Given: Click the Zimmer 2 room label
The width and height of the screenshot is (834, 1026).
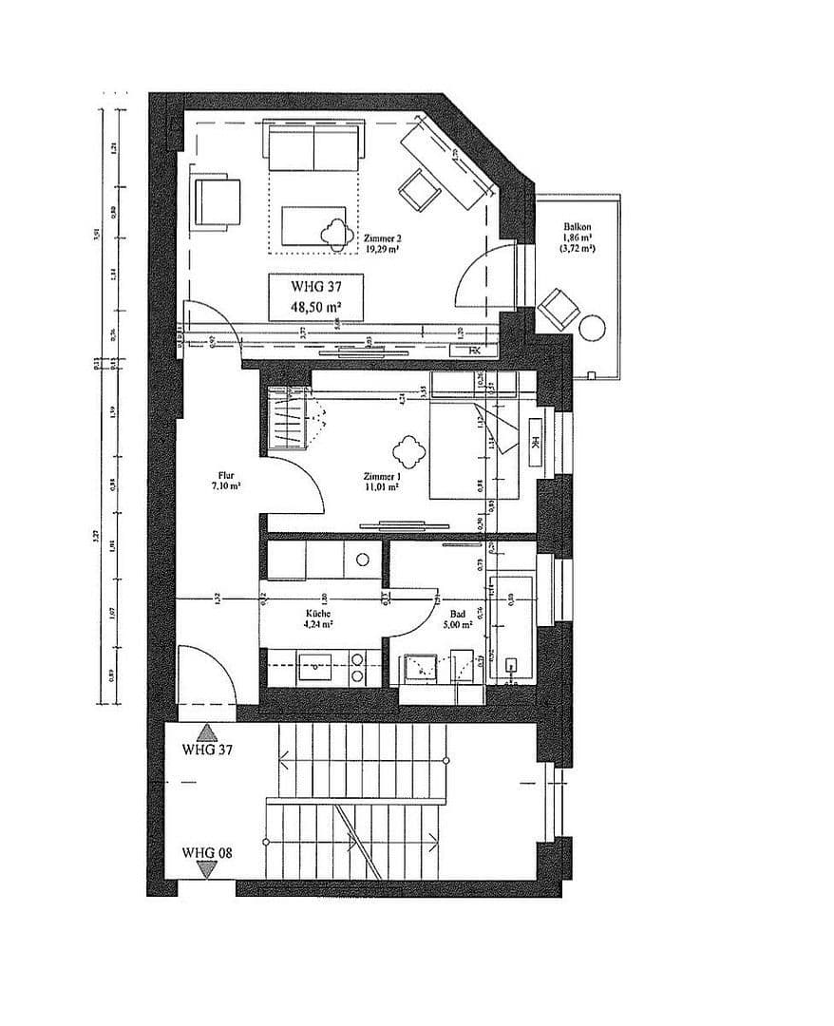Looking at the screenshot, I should [380, 238].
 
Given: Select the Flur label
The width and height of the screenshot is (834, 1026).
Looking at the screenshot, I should [226, 476].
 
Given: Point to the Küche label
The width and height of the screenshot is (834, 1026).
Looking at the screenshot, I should [318, 615].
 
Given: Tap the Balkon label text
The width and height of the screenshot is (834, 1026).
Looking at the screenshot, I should [578, 227].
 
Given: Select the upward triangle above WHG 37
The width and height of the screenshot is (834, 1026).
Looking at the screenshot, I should [207, 732].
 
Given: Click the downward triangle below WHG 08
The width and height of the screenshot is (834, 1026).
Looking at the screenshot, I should [207, 866].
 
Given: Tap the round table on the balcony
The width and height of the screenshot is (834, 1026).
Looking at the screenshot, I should [593, 328].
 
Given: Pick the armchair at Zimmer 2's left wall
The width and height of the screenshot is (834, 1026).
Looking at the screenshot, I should [216, 201].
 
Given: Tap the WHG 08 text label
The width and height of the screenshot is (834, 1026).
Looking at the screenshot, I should [207, 852].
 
